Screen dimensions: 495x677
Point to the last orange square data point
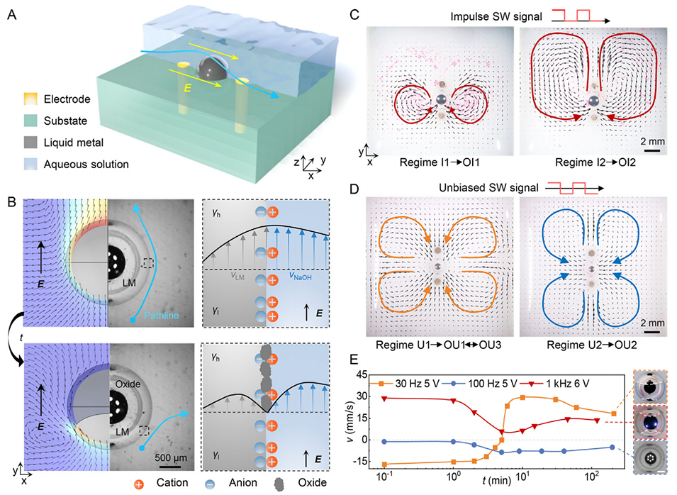click(613, 413)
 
